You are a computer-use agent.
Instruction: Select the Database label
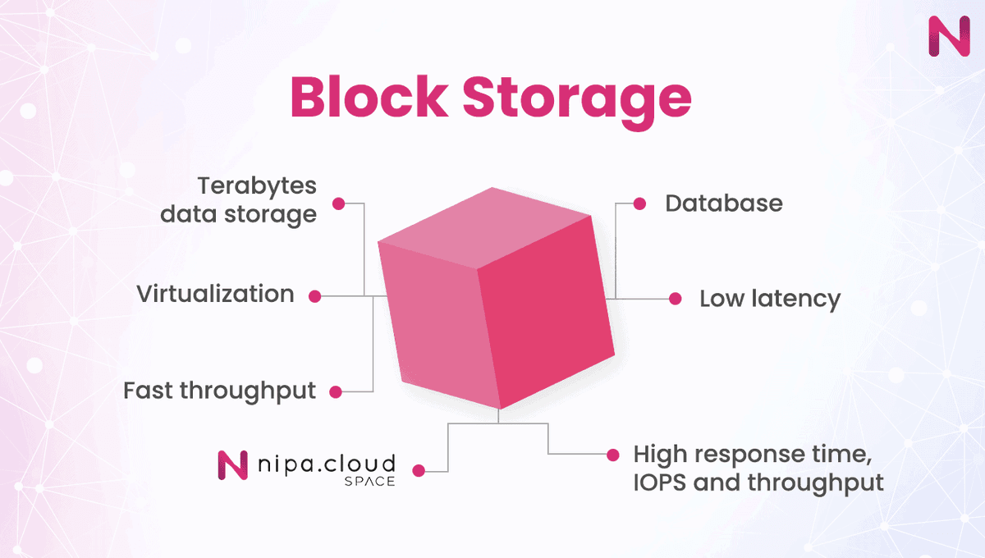[723, 204]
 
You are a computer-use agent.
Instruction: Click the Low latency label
[769, 299]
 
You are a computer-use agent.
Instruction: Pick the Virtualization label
[215, 294]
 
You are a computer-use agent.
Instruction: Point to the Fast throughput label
[219, 391]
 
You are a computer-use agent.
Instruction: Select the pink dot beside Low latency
[675, 299]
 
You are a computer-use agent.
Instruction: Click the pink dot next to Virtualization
[314, 295]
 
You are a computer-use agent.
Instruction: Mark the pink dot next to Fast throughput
[335, 392]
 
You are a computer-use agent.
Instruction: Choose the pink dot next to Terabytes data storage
[337, 202]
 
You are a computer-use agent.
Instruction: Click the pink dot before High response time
[612, 454]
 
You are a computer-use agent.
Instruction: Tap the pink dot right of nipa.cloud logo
[419, 471]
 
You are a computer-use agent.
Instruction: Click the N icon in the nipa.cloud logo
[233, 464]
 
